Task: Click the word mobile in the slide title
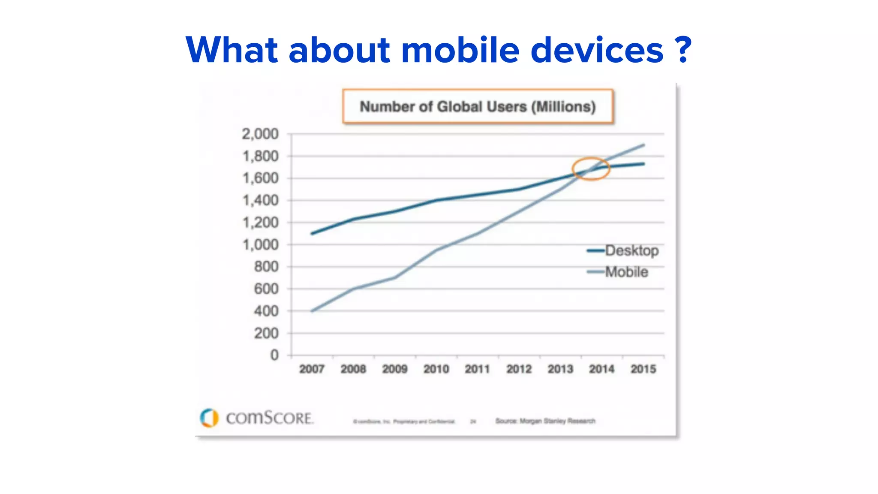460,50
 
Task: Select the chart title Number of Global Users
478,107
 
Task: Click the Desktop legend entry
631,250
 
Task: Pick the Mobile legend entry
626,272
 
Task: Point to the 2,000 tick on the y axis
260,134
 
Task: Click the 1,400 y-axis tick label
260,200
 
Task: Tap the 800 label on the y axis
266,267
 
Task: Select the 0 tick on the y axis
274,355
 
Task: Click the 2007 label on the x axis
312,369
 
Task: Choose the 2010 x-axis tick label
436,369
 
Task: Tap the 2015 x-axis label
643,369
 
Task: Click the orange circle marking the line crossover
591,169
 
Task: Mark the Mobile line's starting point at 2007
312,311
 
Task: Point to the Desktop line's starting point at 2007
312,234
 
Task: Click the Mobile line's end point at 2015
644,145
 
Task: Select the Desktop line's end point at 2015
644,164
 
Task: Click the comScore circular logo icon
209,418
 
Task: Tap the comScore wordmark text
270,418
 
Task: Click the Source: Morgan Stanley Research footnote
545,421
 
